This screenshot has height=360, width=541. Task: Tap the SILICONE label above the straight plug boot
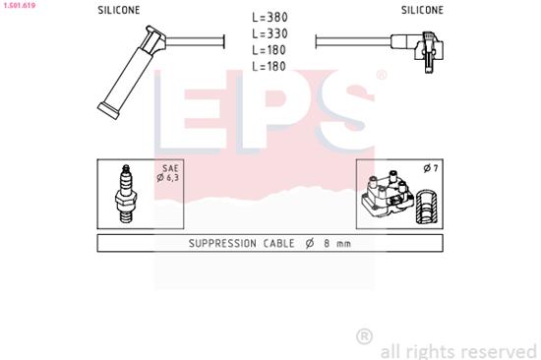tap(118, 10)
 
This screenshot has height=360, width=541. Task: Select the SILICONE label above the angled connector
tap(422, 10)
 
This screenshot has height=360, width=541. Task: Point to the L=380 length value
tap(270, 17)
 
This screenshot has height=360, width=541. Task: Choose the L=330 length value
tap(270, 33)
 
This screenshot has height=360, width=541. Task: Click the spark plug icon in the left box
tap(126, 192)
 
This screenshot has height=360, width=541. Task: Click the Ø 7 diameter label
tap(429, 169)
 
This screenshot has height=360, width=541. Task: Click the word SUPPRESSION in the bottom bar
tap(198, 243)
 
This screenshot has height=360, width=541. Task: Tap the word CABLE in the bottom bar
tap(264, 243)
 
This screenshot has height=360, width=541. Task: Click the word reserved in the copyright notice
tap(498, 349)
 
